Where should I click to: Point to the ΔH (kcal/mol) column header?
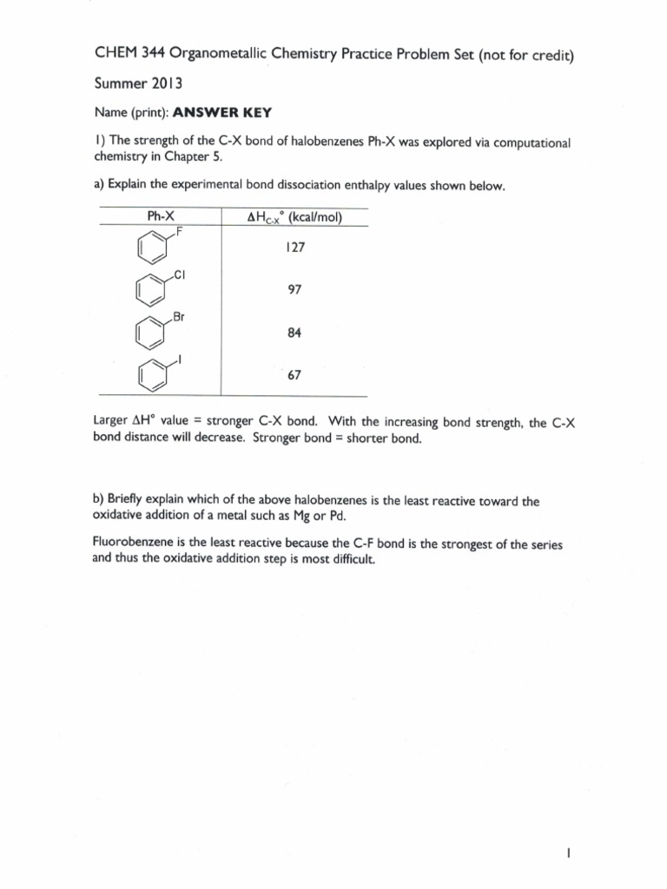295,217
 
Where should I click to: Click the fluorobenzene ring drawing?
151,249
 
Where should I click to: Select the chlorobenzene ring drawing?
151,292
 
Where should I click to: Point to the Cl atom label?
180,275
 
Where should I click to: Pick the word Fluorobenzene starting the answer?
131,544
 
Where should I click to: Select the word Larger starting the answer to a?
109,423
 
